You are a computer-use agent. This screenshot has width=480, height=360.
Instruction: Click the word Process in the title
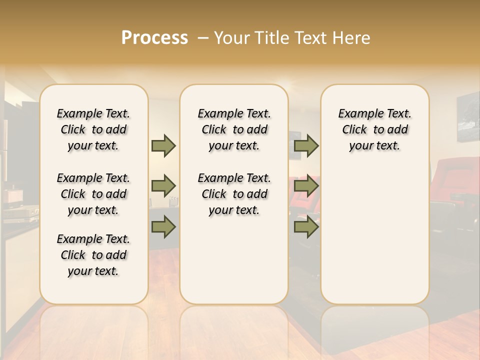(154, 38)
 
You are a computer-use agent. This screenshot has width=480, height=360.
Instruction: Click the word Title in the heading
(269, 38)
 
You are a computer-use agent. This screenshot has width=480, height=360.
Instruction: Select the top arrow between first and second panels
(163, 145)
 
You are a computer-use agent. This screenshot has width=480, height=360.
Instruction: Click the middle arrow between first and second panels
(163, 186)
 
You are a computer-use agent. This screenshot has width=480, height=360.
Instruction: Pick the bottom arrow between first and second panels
(163, 227)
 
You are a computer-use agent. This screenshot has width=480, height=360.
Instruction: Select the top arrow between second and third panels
(306, 145)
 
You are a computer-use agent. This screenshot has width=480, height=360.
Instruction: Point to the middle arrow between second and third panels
(306, 186)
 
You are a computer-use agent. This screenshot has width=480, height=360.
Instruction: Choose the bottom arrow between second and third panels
(306, 227)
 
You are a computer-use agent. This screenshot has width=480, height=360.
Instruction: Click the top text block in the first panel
(93, 129)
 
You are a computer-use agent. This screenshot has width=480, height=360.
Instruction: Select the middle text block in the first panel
(93, 194)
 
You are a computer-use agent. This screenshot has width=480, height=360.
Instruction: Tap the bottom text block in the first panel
(93, 255)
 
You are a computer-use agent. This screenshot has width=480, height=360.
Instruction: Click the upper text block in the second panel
(234, 129)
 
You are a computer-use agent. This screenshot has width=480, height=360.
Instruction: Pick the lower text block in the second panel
(234, 194)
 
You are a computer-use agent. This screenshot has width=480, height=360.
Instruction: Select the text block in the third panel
(374, 129)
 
